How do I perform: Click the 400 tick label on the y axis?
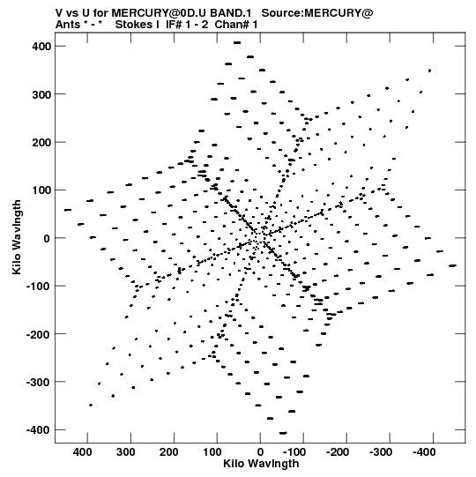[41, 47]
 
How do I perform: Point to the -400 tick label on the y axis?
[39, 430]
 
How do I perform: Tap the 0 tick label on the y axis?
[47, 238]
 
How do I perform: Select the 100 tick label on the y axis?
[41, 190]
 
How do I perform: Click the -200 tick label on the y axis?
[39, 334]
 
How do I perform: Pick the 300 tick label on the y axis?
[41, 94]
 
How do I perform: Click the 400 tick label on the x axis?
[83, 452]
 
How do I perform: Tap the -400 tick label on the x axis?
[425, 452]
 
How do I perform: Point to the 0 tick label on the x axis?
[260, 452]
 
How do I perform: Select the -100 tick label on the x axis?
[295, 452]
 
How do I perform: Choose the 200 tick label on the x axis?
[169, 452]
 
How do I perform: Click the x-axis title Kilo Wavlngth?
[261, 464]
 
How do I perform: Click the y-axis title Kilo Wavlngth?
[17, 237]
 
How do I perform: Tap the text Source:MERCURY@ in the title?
[317, 13]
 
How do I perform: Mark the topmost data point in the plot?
[237, 43]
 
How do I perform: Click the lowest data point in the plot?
[283, 433]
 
